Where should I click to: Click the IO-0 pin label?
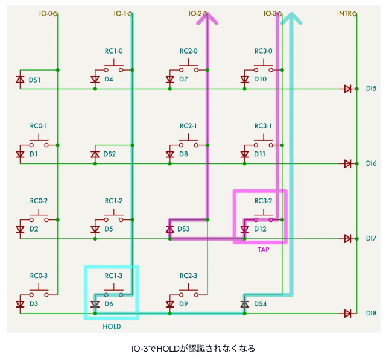pyautogui.click(x=46, y=13)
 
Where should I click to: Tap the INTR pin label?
pyautogui.click(x=344, y=13)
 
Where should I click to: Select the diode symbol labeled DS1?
pyautogui.click(x=20, y=80)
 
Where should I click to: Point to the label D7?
pyautogui.click(x=183, y=79)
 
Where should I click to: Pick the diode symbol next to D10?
pyautogui.click(x=244, y=80)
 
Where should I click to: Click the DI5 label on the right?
pyautogui.click(x=371, y=89)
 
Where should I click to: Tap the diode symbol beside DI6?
pyautogui.click(x=347, y=163)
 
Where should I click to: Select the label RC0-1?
pyautogui.click(x=39, y=126)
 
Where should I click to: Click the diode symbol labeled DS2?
pyautogui.click(x=95, y=154)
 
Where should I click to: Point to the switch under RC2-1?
pyautogui.click(x=188, y=142)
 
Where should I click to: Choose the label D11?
pyautogui.click(x=260, y=154)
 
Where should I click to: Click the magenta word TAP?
pyautogui.click(x=264, y=250)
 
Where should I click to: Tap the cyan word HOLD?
pyautogui.click(x=112, y=327)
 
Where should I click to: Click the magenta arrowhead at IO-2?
pyautogui.click(x=207, y=19)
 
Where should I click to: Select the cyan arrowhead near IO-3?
pyautogui.click(x=291, y=19)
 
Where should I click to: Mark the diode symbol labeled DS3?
pyautogui.click(x=169, y=229)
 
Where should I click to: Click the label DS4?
pyautogui.click(x=260, y=304)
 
